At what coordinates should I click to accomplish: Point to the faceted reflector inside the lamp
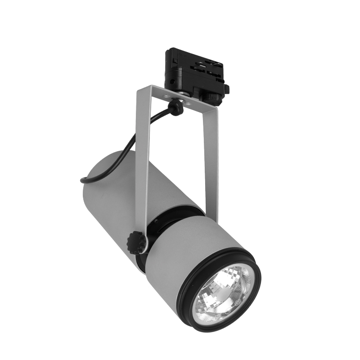211,288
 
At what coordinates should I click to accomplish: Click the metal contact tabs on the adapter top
202,65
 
